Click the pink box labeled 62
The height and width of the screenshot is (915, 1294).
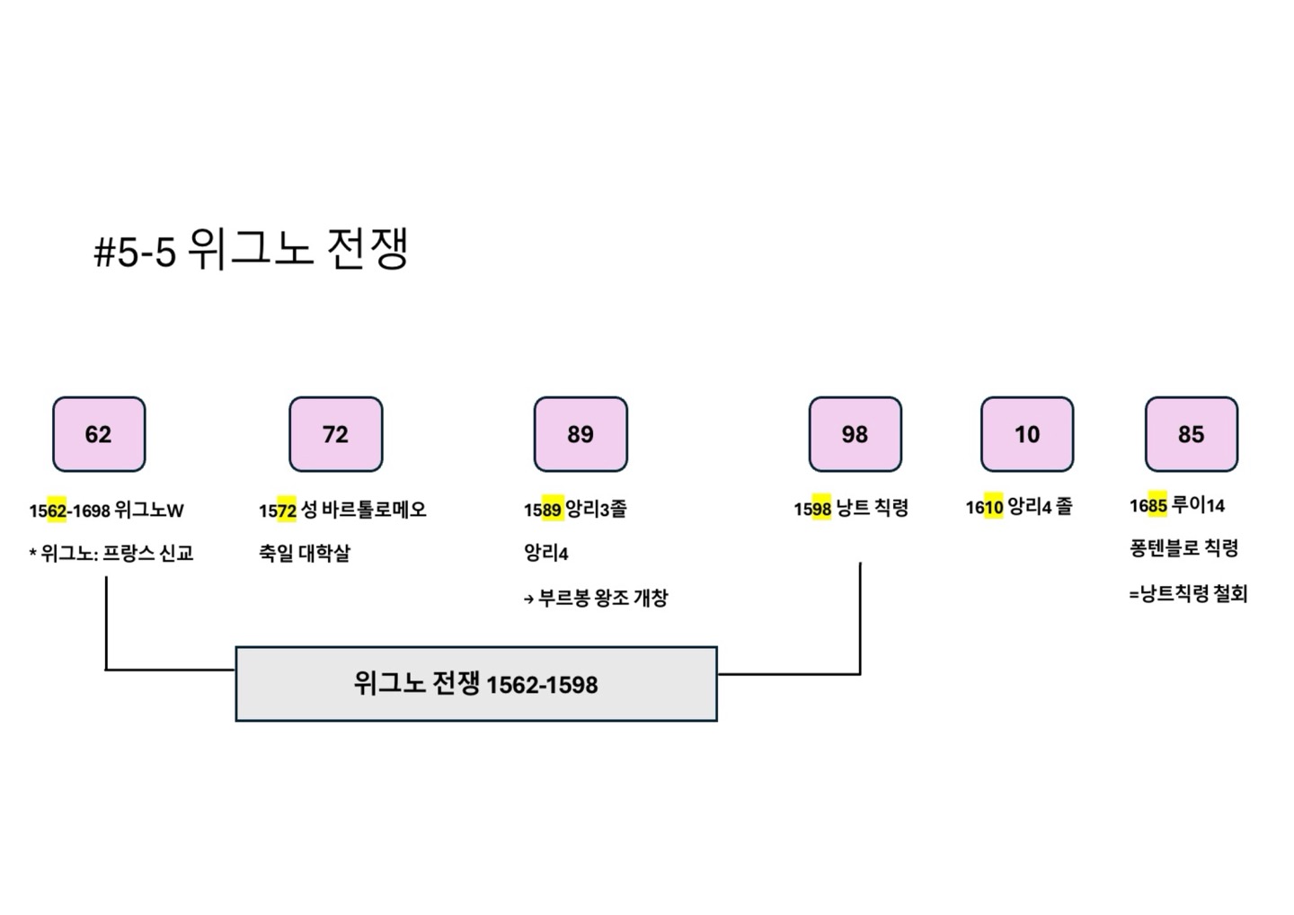[99, 434]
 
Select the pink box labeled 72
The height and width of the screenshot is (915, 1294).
[335, 434]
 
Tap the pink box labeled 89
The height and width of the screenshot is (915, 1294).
[581, 434]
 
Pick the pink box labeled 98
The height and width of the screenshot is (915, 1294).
[855, 434]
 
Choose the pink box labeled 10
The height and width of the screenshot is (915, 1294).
[1027, 434]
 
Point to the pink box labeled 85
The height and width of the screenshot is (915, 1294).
[1191, 434]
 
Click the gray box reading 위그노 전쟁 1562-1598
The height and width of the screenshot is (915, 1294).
[476, 684]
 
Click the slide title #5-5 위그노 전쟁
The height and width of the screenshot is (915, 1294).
[253, 249]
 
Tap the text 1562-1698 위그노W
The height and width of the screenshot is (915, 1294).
[106, 511]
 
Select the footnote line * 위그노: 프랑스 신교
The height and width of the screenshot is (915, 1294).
[111, 553]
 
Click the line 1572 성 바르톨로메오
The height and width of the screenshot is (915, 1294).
[342, 511]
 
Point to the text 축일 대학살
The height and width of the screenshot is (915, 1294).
[305, 553]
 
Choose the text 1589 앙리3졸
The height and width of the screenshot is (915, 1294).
[575, 510]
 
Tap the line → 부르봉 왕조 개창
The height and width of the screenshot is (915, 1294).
[596, 598]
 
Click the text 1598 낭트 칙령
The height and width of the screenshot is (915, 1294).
[851, 509]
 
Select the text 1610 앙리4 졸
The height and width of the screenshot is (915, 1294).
[1019, 507]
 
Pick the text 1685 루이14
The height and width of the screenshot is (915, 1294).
[1177, 505]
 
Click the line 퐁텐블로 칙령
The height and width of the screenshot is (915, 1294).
[1183, 547]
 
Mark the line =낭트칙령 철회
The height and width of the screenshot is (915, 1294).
[1188, 593]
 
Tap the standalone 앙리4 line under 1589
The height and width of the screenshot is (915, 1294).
[546, 553]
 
